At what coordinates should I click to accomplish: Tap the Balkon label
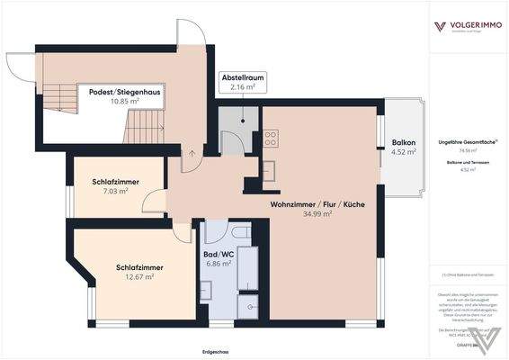pyautogui.click(x=404, y=142)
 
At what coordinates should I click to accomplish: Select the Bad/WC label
pyautogui.click(x=219, y=254)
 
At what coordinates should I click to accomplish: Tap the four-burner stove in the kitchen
pyautogui.click(x=271, y=139)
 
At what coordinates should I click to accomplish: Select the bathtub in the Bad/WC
pyautogui.click(x=247, y=270)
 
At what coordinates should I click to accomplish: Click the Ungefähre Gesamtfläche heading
pyautogui.click(x=465, y=141)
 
